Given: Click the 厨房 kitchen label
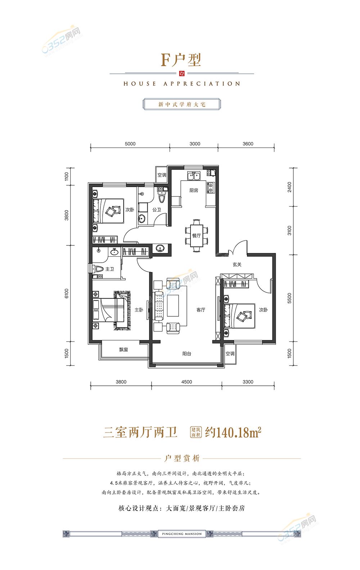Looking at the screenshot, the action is [194, 190].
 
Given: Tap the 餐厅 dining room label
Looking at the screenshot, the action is [196, 236].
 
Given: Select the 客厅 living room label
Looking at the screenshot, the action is [201, 310].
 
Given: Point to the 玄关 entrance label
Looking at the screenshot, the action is [237, 264].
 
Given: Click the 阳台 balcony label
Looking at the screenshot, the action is [187, 353].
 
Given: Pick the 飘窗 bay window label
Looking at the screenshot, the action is [123, 350].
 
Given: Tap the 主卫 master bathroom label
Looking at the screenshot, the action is [110, 269].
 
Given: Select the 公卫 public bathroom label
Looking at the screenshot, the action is [157, 210].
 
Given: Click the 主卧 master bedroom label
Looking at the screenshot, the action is [139, 310].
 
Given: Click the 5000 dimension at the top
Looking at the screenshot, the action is [130, 144].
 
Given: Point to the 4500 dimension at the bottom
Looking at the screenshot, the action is [186, 382].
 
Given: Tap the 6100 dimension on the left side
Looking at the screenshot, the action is [67, 293].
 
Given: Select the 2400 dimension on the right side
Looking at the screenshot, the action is [289, 187].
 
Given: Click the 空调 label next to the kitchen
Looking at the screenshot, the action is [162, 175].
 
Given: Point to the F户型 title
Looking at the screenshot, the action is [181, 60].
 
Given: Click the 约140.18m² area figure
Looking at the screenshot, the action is [233, 432].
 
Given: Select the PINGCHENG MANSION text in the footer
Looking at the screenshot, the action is [182, 534].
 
